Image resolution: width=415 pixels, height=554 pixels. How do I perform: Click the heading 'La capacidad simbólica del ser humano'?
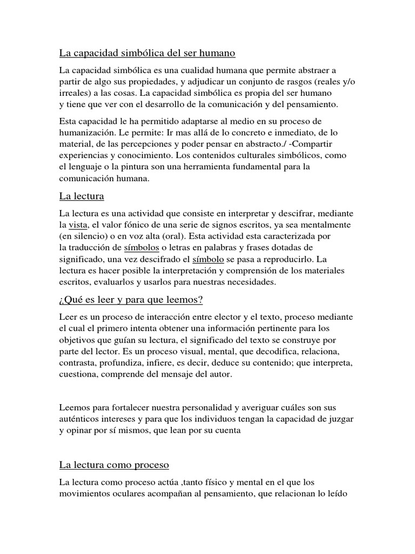pos(147,54)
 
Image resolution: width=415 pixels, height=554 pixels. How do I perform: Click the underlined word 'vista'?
pos(79,224)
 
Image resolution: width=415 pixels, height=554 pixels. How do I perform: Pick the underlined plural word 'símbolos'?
pos(141,248)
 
